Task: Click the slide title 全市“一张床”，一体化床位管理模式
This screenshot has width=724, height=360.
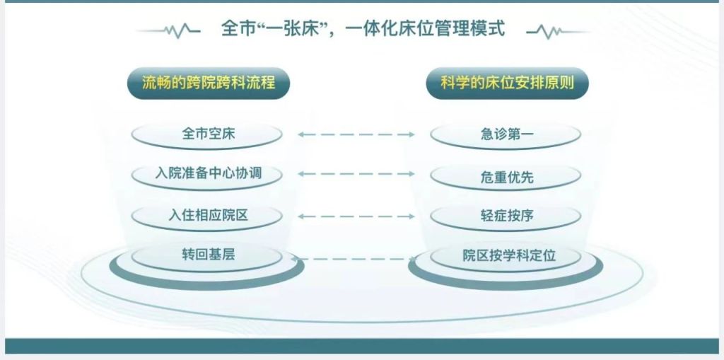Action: pyautogui.click(x=363, y=29)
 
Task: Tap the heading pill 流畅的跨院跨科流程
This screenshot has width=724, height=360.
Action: pyautogui.click(x=209, y=83)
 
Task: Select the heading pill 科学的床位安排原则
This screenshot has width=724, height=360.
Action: pyautogui.click(x=508, y=83)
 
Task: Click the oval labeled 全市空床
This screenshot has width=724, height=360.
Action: pyautogui.click(x=207, y=135)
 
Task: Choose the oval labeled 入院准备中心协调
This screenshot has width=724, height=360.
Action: pyautogui.click(x=207, y=174)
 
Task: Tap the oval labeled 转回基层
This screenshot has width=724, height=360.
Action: pyautogui.click(x=207, y=255)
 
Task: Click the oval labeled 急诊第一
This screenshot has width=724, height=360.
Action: pyautogui.click(x=506, y=135)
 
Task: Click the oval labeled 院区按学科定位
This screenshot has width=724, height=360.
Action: pyautogui.click(x=506, y=256)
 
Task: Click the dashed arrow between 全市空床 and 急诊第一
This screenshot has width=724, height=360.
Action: pyautogui.click(x=356, y=134)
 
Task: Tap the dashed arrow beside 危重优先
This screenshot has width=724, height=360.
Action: pyautogui.click(x=356, y=174)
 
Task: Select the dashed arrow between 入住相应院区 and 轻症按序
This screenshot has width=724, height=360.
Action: pyautogui.click(x=356, y=216)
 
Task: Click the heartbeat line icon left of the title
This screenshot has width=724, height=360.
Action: pyautogui.click(x=169, y=31)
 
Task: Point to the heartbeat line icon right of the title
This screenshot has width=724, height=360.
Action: pyautogui.click(x=558, y=31)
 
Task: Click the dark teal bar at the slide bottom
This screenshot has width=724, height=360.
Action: pyautogui.click(x=362, y=346)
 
